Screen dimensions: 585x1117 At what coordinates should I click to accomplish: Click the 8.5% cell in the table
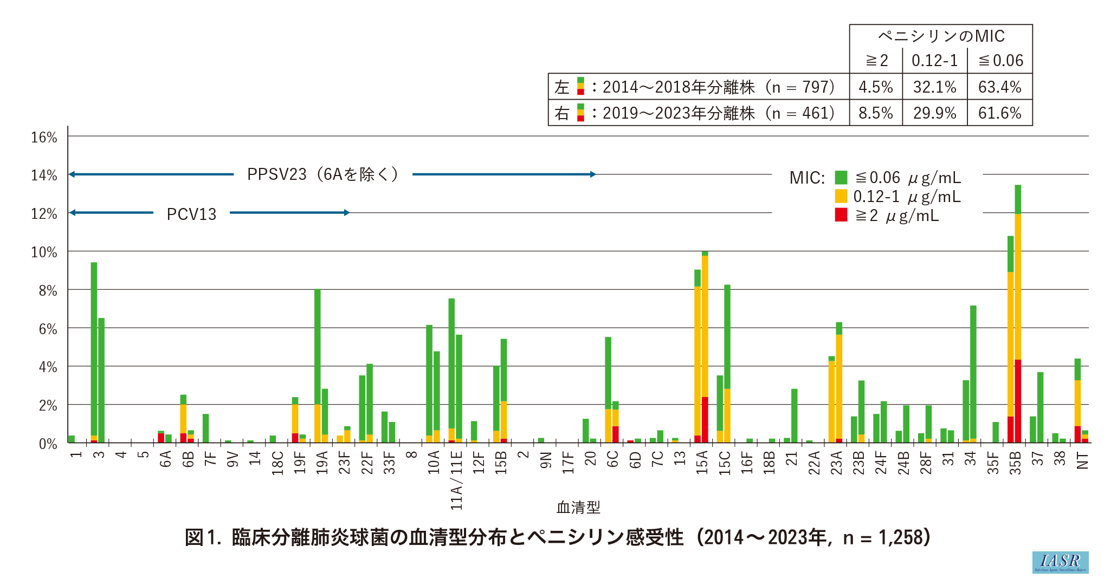coord(875,113)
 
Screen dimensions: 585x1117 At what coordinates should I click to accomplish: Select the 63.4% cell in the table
coord(999,87)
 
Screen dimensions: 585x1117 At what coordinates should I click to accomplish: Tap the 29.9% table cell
coord(934,113)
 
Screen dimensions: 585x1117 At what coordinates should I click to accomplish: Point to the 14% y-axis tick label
coord(44,175)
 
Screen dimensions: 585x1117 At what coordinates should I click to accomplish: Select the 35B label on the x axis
coord(1015,463)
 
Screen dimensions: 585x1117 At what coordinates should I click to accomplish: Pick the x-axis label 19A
coord(322,463)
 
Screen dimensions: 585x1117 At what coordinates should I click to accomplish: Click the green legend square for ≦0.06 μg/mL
coord(841,177)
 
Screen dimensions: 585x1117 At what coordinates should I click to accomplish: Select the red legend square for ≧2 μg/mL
coord(841,215)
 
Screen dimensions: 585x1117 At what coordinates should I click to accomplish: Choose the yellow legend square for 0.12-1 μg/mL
coord(841,196)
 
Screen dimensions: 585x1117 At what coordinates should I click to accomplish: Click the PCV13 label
coord(191,214)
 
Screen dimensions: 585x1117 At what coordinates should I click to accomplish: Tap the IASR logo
coord(1060,562)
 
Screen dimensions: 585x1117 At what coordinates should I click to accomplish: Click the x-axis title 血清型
coord(578,508)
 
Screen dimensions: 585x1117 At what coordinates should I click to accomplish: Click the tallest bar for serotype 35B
coord(1018,314)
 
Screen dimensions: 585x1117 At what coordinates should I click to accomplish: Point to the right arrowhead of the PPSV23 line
coord(593,174)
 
